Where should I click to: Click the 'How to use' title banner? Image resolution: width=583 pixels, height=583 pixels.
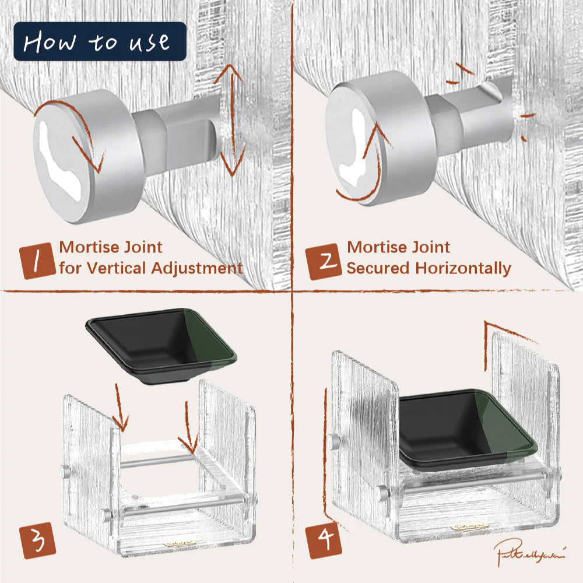click(99, 41)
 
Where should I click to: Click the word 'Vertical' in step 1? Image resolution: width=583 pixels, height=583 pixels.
click(114, 268)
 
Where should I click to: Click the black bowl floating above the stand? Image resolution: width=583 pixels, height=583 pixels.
click(160, 344)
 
